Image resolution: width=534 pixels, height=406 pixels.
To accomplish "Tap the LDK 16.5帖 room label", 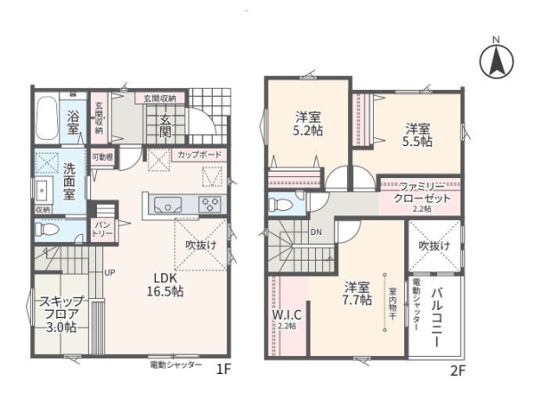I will pos(165,284).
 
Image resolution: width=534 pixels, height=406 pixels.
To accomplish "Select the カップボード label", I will pos(199,155).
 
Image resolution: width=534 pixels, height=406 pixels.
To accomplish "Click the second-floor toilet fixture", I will pos(280,204).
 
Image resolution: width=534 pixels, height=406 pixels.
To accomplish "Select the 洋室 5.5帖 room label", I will pos(415,134).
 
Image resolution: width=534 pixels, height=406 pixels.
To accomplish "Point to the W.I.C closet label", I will pos(285,316).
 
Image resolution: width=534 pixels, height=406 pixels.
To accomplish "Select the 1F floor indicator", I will pos(225,368).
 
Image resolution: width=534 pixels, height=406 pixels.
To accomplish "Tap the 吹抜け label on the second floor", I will pos(436,245).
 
